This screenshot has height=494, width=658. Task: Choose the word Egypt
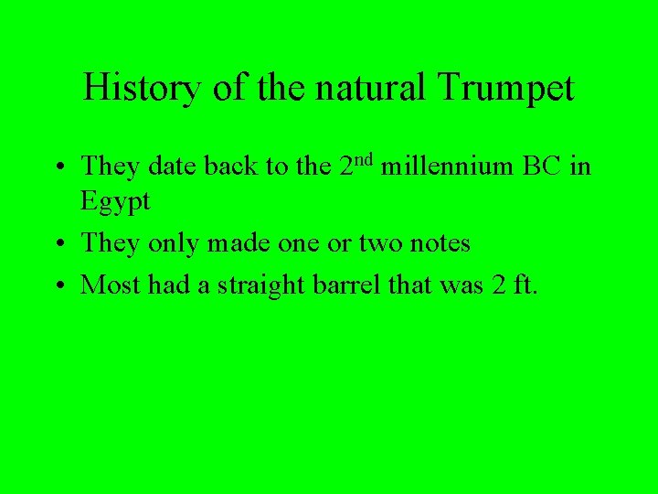(x=115, y=202)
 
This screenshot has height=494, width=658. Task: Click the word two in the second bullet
(x=370, y=243)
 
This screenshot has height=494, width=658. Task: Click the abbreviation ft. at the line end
(x=526, y=285)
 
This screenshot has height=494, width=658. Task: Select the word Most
(x=107, y=285)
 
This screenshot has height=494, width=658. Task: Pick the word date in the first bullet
(x=172, y=166)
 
